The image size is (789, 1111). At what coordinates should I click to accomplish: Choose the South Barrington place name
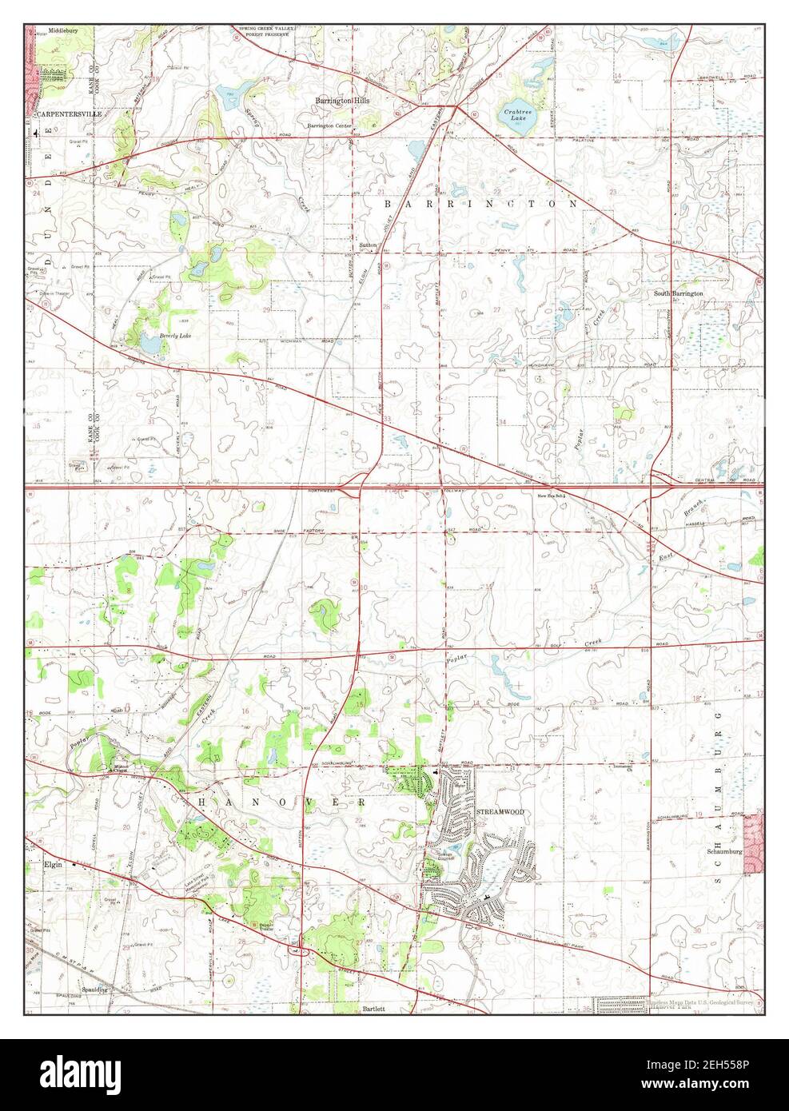click(x=679, y=293)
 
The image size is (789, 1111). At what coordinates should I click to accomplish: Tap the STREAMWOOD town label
click(x=500, y=812)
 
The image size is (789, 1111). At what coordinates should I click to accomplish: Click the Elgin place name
click(x=54, y=864)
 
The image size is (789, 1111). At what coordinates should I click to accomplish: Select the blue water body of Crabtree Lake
click(x=512, y=118)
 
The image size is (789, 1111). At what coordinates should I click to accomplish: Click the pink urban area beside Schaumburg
click(x=753, y=839)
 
